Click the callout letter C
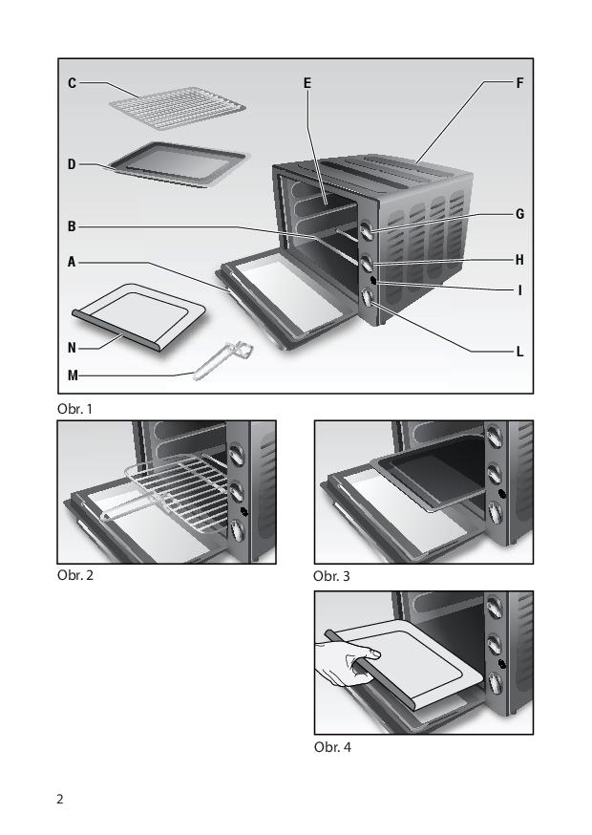point(72,83)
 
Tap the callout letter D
point(72,164)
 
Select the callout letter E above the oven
point(307,83)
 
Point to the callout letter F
point(520,83)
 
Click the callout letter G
point(520,214)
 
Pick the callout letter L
point(520,352)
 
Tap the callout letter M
point(73,376)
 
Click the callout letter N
point(72,349)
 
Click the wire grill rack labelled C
point(178,108)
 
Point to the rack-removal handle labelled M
point(223,360)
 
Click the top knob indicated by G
point(367,230)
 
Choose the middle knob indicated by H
point(367,264)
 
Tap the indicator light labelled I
point(372,280)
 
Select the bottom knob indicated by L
point(368,296)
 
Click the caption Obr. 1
point(75,409)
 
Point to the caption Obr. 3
point(331,576)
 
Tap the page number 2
point(60,799)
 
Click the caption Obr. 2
point(75,575)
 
